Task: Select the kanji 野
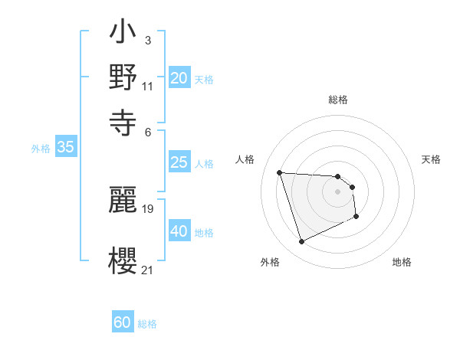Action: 123,77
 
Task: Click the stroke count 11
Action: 147,86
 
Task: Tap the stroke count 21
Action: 147,269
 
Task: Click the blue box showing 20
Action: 179,78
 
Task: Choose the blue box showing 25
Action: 179,162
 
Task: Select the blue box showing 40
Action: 179,231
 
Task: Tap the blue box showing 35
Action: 65,148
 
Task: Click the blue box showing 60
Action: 123,323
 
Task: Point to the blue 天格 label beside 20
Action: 204,79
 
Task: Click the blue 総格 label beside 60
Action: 147,324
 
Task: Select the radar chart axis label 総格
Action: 338,100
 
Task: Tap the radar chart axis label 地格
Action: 402,262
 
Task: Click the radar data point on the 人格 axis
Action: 280,172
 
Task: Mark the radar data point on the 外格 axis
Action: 301,242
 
